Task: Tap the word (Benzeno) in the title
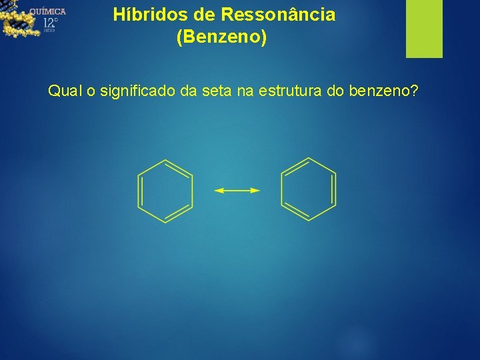click(x=221, y=37)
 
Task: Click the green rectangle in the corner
click(x=424, y=29)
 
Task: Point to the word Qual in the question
click(x=63, y=91)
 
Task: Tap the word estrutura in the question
click(x=290, y=91)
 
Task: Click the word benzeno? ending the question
click(x=383, y=91)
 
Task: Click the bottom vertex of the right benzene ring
click(x=309, y=221)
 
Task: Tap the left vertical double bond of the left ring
click(x=139, y=191)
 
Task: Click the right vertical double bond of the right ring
click(x=334, y=190)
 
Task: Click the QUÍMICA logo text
click(x=47, y=11)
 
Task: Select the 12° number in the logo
click(x=51, y=24)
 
